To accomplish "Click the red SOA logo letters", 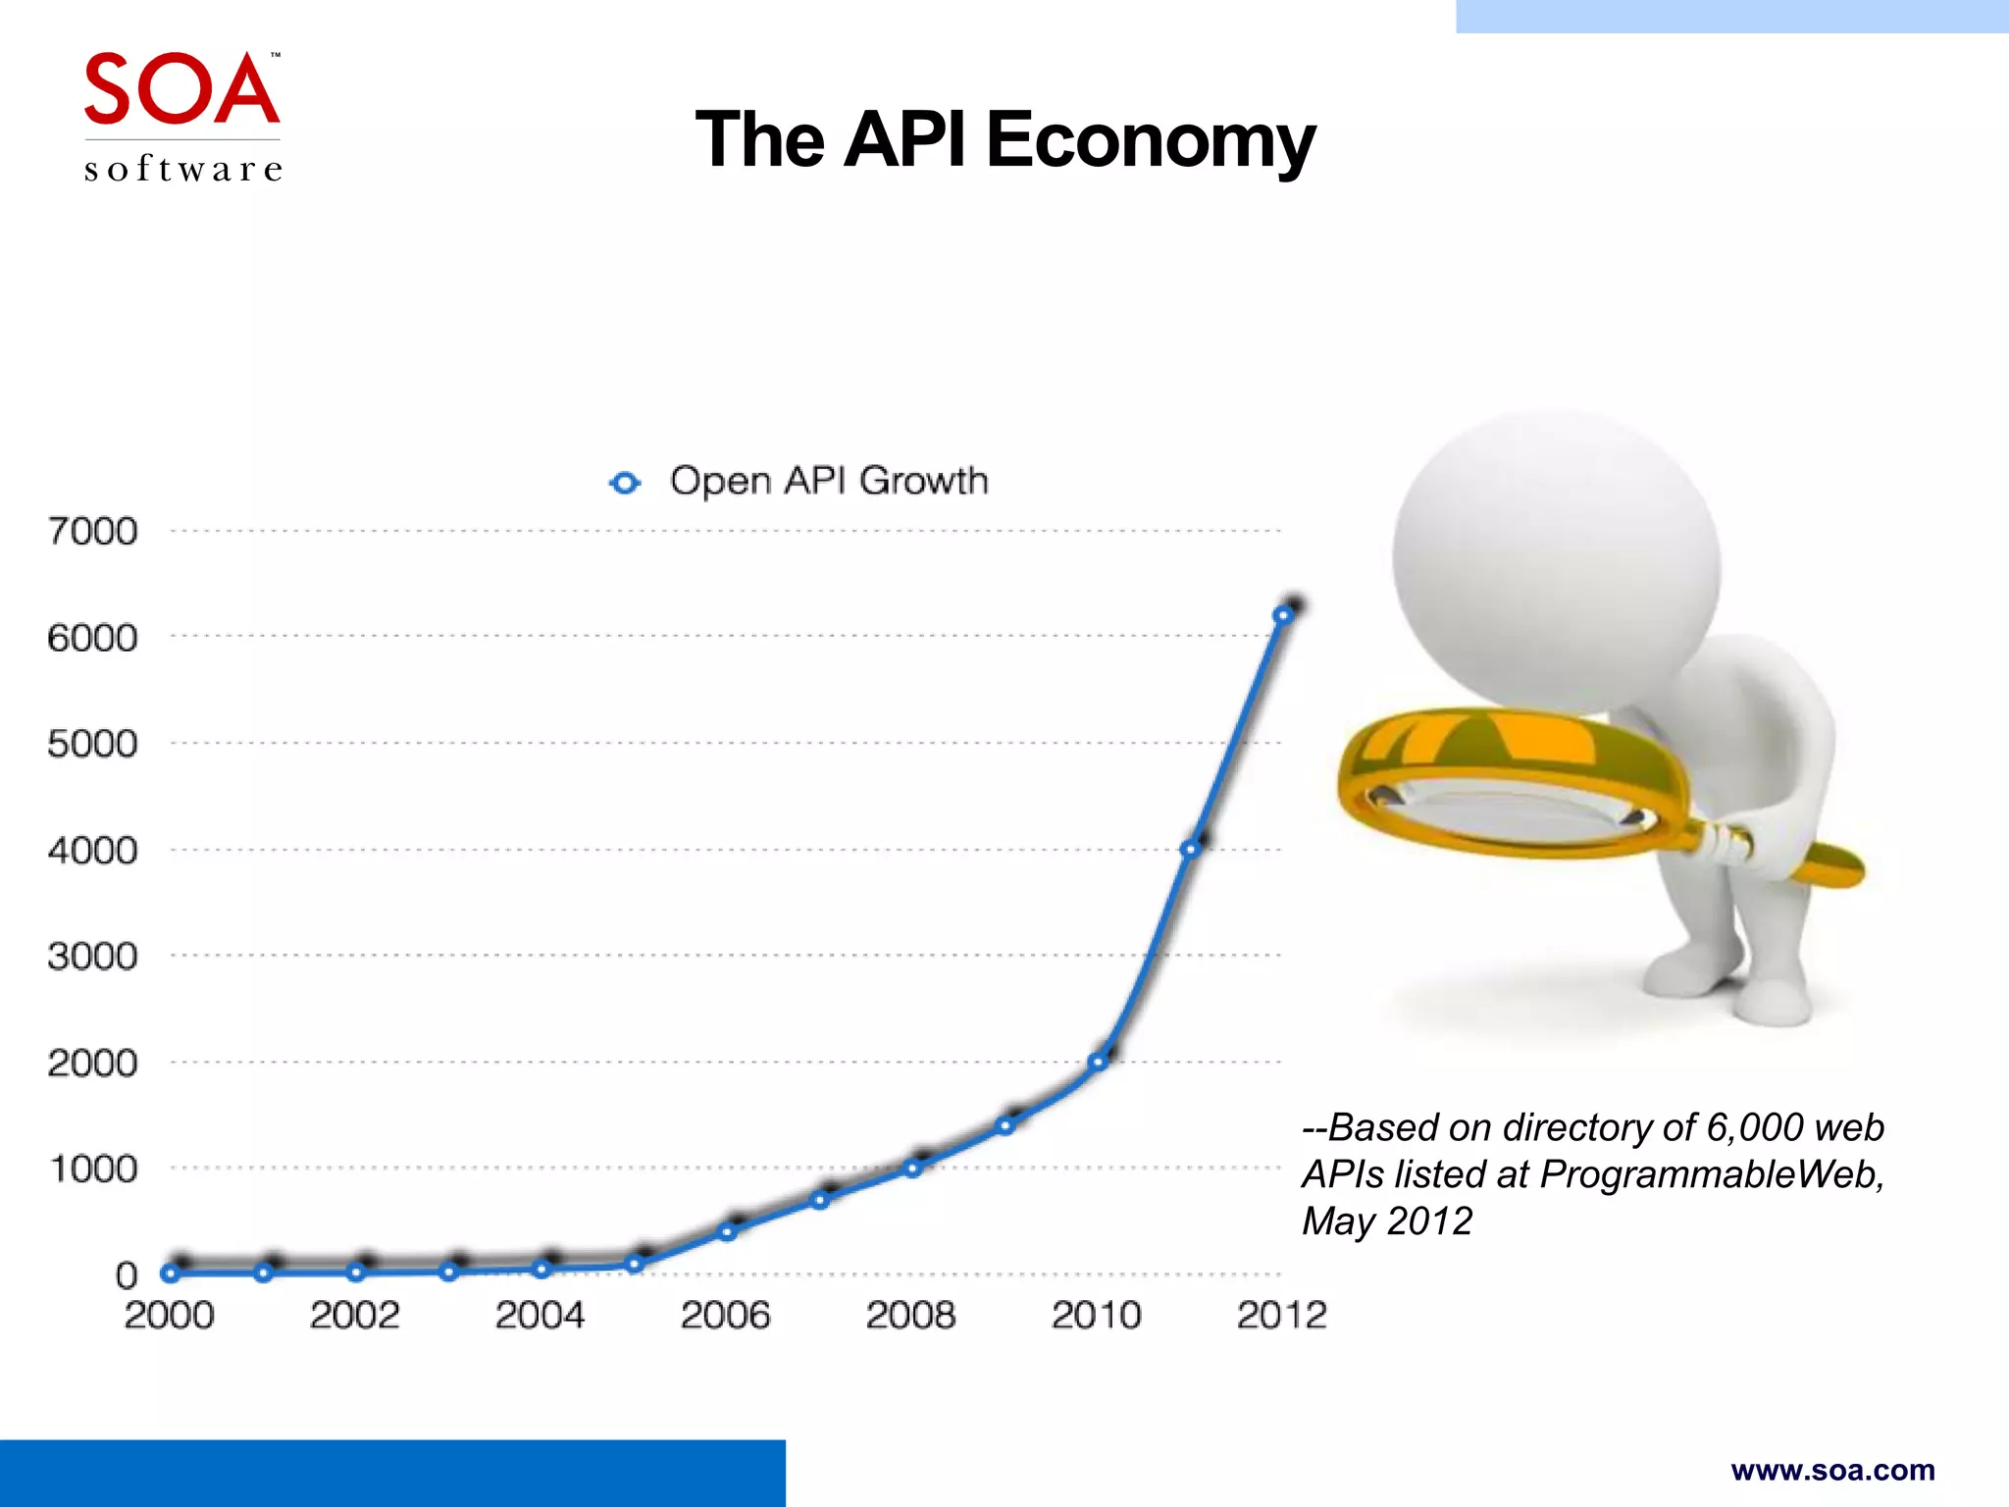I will point(181,89).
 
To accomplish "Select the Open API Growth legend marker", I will point(625,483).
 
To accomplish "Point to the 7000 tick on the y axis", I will point(93,531).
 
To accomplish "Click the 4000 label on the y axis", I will point(93,850).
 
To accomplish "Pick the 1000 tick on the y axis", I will point(93,1169).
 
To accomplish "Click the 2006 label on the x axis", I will point(725,1315).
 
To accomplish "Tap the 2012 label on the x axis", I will point(1281,1315).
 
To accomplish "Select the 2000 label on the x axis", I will point(169,1315).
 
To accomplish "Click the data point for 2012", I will point(1282,615).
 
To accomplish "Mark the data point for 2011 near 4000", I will point(1190,849).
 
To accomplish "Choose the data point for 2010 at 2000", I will point(1098,1062).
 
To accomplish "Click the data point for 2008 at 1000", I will point(912,1169).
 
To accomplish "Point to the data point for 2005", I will point(635,1264).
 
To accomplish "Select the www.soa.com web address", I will point(1832,1470).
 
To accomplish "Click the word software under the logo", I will point(183,169).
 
